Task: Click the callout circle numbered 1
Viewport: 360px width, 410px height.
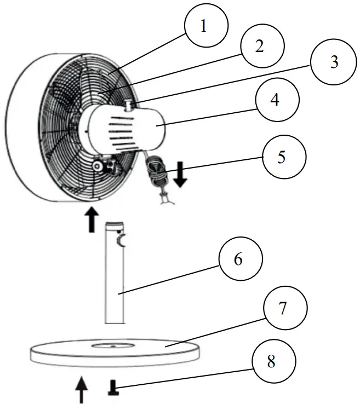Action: (204, 26)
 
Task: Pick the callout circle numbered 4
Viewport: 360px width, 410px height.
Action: (277, 101)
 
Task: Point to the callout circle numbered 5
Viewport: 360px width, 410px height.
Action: (282, 157)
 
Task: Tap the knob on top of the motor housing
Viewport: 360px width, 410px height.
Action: (129, 103)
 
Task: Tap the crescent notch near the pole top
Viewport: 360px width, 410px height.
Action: (121, 241)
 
